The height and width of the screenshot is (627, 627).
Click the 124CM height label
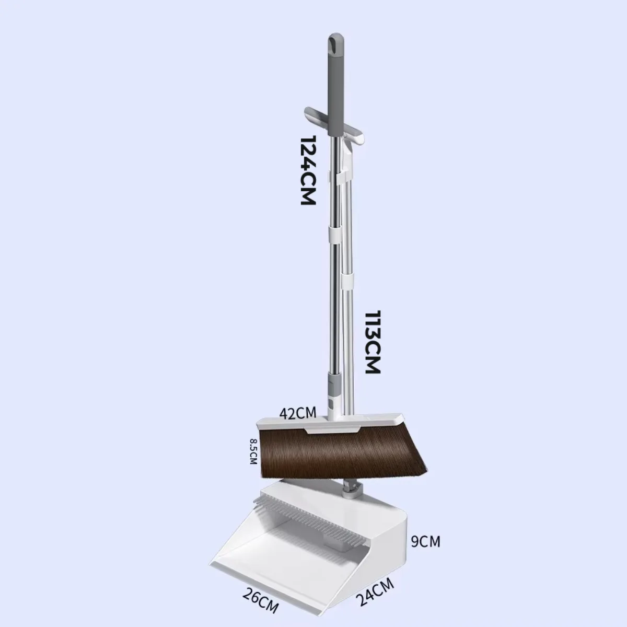pyautogui.click(x=308, y=170)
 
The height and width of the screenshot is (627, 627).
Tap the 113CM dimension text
pyautogui.click(x=373, y=342)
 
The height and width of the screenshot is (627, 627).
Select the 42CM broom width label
pyautogui.click(x=298, y=413)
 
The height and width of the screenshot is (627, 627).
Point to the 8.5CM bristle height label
pyautogui.click(x=253, y=451)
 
